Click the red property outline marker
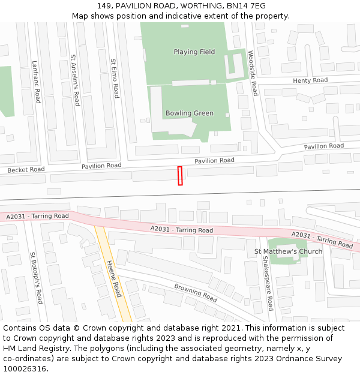point(179,176)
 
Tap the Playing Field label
point(194,52)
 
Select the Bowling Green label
point(190,113)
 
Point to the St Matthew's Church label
point(289,251)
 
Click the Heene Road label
point(113,278)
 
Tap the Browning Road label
point(196,292)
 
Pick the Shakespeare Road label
point(269,284)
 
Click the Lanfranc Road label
point(35,82)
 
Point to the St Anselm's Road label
point(75,80)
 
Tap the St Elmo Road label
point(115,79)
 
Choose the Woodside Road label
point(253,73)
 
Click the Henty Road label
point(310,80)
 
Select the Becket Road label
point(26,170)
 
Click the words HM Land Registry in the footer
point(32,349)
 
